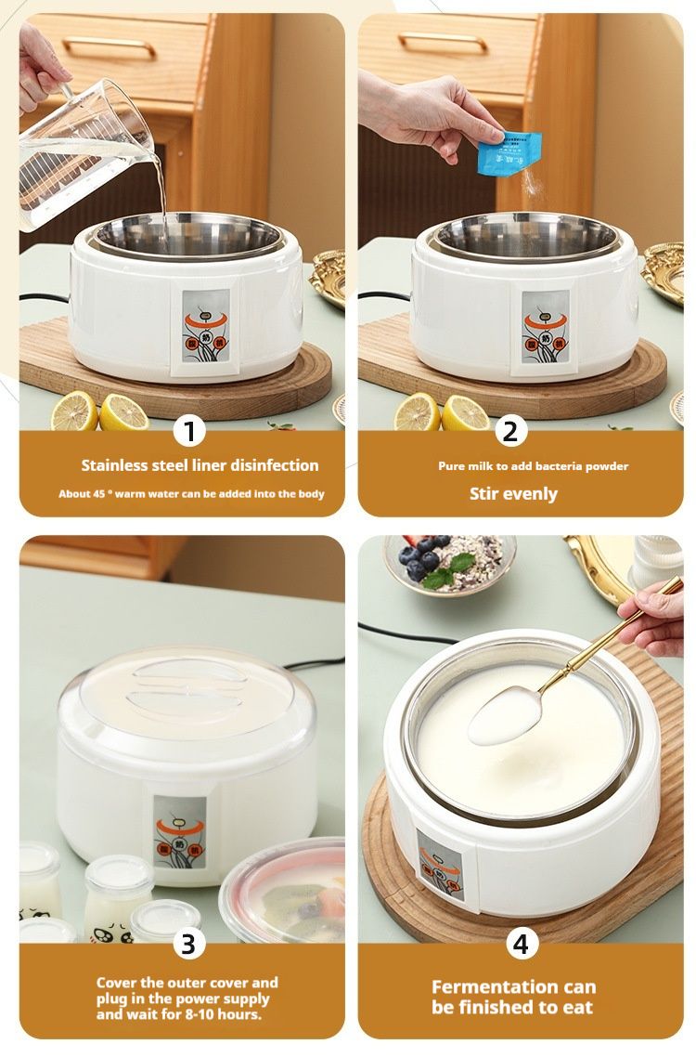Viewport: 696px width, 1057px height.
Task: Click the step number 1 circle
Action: [190, 432]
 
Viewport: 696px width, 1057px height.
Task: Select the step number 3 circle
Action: [188, 944]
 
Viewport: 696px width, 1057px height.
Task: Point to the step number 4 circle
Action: [521, 944]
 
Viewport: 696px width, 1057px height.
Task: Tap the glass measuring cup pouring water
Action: [88, 153]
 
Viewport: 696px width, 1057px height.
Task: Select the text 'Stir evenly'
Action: [513, 493]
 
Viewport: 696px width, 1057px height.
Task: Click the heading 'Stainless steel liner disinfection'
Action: [200, 465]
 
